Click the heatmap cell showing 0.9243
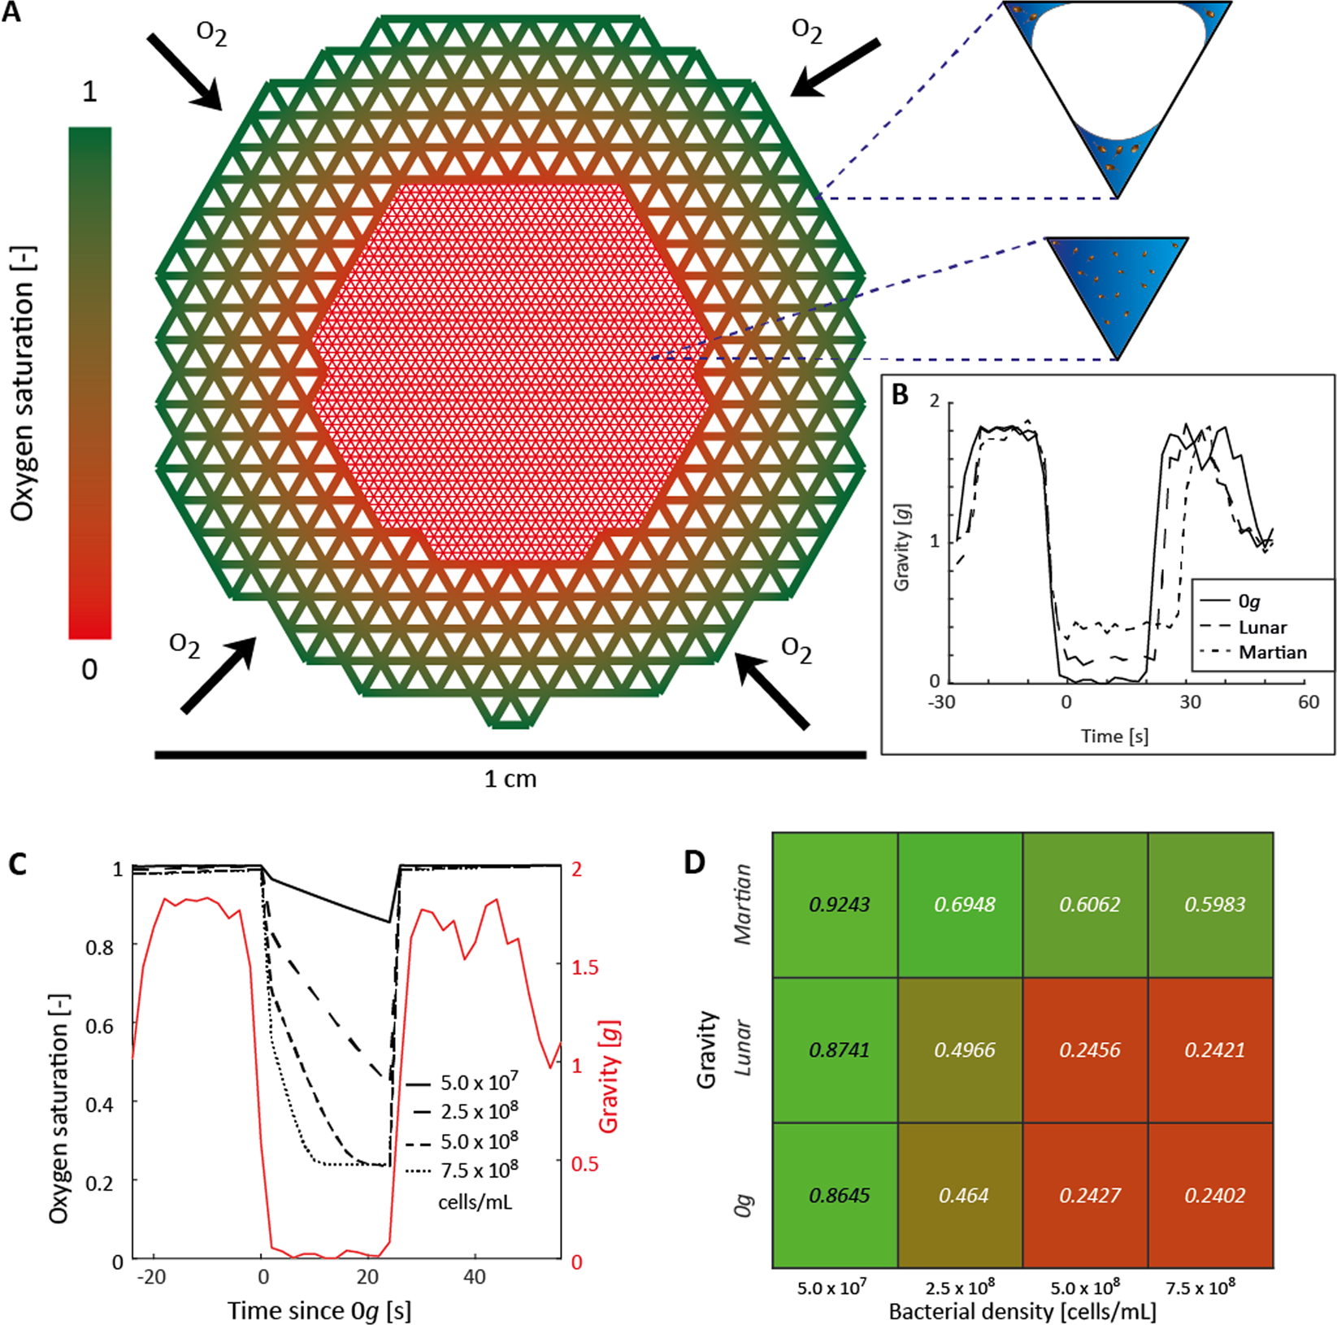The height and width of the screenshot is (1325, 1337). coord(840,904)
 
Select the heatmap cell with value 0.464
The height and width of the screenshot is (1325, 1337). coord(964,1195)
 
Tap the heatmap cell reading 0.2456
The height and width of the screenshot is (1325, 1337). coord(1089,1049)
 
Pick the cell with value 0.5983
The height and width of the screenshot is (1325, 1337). coord(1215,904)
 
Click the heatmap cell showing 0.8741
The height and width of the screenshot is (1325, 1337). coord(840,1049)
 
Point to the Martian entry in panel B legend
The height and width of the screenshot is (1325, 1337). coord(1272,653)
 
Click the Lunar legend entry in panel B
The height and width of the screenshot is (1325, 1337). coord(1262,628)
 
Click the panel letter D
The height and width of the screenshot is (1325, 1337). coord(694,862)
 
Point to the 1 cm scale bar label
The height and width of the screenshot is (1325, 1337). coord(510,779)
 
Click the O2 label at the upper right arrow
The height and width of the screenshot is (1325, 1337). coord(806,31)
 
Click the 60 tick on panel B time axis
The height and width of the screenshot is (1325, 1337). coord(1308,702)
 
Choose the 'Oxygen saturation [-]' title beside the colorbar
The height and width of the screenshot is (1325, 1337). coord(24,382)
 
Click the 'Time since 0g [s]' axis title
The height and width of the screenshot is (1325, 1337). coord(319,1310)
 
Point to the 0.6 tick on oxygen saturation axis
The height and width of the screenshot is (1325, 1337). coord(100,1025)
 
